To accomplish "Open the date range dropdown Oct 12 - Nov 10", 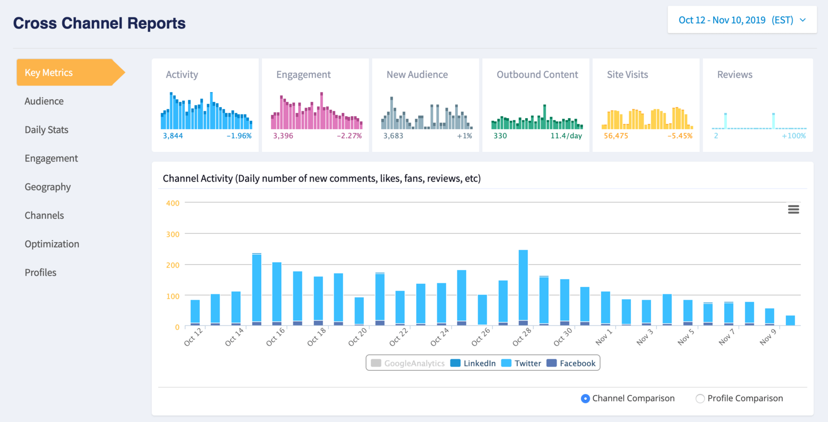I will click(x=742, y=20).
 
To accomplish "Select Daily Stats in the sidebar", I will click(x=46, y=130).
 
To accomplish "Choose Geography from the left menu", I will click(x=47, y=187).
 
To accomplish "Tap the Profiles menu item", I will click(x=41, y=273).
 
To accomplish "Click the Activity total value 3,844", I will click(x=173, y=136).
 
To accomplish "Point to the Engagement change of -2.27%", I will click(x=349, y=136).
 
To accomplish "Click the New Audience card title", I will click(x=417, y=75).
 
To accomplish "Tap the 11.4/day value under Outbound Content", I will click(x=566, y=136).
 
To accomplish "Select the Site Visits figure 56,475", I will click(x=616, y=136).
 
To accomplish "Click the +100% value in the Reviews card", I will click(x=793, y=136).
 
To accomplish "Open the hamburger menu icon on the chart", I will click(x=793, y=209).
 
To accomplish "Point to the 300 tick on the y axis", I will click(x=173, y=234).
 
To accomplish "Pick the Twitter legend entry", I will click(x=521, y=363).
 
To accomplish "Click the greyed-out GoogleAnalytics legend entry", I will click(x=408, y=363).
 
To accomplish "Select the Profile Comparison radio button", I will click(x=700, y=399).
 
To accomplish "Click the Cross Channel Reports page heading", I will click(x=99, y=23).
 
